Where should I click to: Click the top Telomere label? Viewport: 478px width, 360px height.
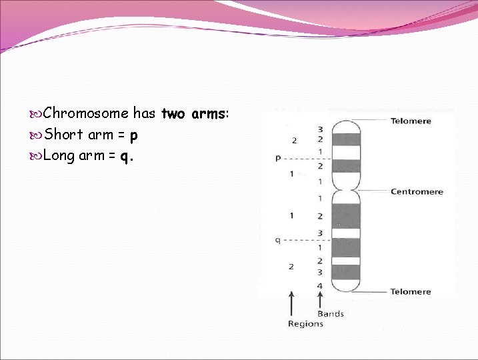410,121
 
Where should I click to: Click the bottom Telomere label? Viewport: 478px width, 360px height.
410,292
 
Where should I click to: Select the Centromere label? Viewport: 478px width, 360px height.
416,192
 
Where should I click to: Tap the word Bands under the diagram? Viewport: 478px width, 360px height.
331,313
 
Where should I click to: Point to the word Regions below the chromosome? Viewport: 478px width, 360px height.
305,324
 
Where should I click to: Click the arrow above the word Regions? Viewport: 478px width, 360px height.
291,303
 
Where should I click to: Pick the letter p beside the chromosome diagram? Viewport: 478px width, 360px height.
278,159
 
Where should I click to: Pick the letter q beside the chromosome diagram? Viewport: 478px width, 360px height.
277,240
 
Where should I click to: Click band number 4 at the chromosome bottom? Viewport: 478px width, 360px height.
320,285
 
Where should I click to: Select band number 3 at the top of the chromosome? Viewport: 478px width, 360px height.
320,129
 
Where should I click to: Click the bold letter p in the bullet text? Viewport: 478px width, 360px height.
134,135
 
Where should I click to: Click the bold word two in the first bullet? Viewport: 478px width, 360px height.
173,113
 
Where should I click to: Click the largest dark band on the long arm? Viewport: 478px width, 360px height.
346,216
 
